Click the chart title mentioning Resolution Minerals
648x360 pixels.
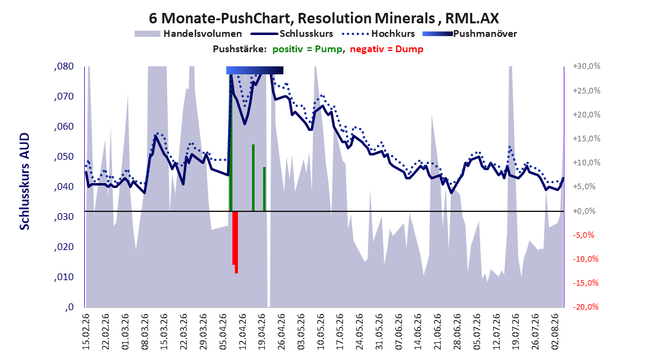click(323, 18)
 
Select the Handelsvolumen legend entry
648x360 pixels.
click(188, 34)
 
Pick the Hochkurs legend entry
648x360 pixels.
click(378, 34)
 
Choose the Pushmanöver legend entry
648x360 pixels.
click(470, 34)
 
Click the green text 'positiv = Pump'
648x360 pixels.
click(307, 49)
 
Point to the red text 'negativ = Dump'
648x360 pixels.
click(387, 49)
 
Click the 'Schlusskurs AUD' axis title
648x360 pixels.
click(25, 181)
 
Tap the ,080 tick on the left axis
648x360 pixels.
click(64, 66)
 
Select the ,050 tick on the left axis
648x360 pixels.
click(64, 157)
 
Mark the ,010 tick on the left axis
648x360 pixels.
click(64, 277)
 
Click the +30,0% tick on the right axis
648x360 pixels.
click(587, 66)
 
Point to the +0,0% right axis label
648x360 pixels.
click(584, 211)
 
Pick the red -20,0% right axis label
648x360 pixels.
click(586, 307)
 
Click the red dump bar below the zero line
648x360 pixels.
click(235, 242)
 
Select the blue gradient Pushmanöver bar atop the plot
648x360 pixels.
click(255, 70)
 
